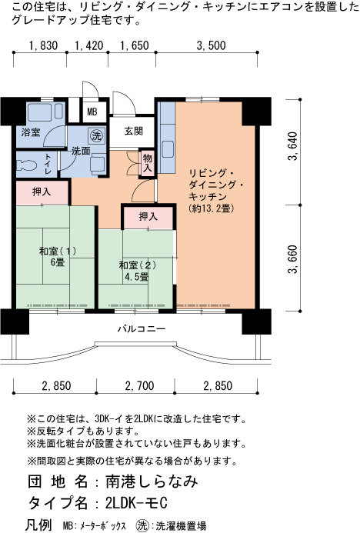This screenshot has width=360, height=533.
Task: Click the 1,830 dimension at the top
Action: (44, 45)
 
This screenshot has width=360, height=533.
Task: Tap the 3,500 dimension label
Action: (211, 45)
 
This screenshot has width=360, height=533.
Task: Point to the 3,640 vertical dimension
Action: (292, 146)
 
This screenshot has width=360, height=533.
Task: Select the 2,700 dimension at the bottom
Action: (139, 386)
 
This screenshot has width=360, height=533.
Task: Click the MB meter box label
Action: (92, 112)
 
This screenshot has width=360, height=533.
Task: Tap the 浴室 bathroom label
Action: (31, 132)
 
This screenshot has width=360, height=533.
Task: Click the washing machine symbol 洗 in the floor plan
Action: (97, 136)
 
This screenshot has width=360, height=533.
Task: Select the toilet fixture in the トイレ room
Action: (26, 165)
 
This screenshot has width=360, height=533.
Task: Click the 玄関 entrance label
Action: (134, 131)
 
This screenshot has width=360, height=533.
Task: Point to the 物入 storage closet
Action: (148, 164)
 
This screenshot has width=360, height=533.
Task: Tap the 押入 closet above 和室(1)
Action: (42, 192)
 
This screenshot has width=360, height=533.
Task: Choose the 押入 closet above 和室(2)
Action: (148, 217)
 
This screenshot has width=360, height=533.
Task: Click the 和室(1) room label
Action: (58, 251)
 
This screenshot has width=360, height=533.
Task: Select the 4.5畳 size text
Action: (137, 277)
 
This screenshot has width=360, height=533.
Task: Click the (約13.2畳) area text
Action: (211, 208)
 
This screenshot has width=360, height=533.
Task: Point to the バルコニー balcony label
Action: (142, 328)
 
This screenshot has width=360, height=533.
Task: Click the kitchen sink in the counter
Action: (168, 149)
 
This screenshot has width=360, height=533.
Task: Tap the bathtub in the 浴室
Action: (41, 112)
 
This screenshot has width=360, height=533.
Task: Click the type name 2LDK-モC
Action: (136, 503)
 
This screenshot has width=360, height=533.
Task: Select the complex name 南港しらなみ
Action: (152, 481)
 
